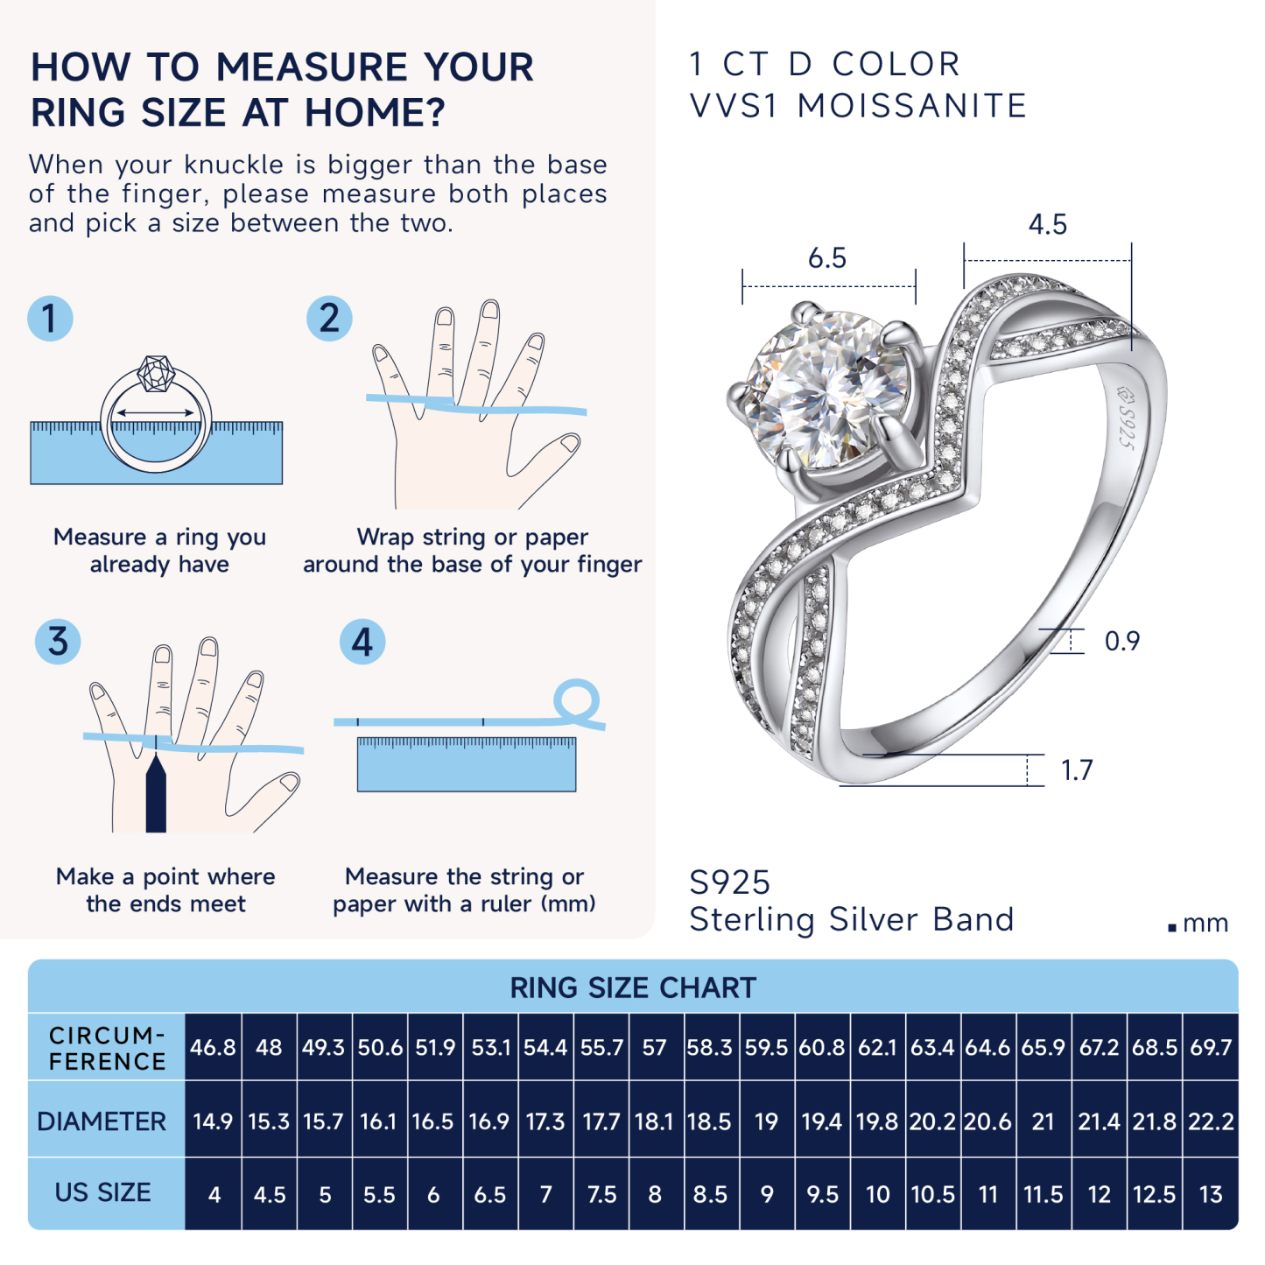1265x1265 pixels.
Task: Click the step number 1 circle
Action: click(50, 319)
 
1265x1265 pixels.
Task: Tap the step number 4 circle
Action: click(362, 642)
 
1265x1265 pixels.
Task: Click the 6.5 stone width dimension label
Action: click(826, 258)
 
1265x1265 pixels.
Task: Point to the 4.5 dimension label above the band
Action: click(1047, 225)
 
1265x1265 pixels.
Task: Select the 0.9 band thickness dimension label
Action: click(1121, 641)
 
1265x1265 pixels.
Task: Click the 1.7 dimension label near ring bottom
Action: click(1077, 770)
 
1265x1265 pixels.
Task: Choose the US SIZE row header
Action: click(103, 1192)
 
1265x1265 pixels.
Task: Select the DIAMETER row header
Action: click(102, 1121)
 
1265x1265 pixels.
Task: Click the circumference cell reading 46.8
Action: click(213, 1047)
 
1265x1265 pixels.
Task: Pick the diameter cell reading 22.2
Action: click(1210, 1121)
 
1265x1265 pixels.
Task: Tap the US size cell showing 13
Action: click(1210, 1194)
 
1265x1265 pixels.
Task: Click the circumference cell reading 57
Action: click(655, 1047)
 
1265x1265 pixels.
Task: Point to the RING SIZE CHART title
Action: click(633, 987)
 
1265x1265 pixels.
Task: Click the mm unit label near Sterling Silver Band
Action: click(1205, 924)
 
